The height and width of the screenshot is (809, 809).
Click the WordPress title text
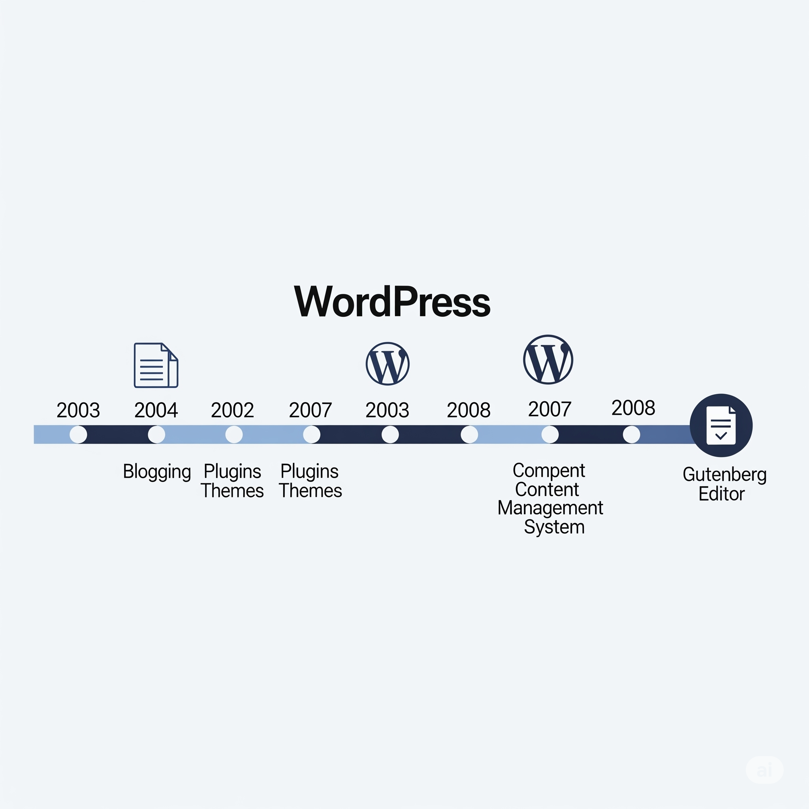point(392,302)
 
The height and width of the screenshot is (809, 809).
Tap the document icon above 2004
point(156,365)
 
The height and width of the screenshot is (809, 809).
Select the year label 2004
point(156,410)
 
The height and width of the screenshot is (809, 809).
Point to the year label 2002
point(232,410)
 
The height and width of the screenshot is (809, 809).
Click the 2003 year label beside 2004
point(78,410)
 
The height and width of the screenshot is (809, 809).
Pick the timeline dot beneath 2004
point(156,434)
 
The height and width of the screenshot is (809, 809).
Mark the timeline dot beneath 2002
point(234,434)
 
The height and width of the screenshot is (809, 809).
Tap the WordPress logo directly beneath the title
point(388,363)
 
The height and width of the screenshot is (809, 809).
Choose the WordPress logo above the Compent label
point(548,359)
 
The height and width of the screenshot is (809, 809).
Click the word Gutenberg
point(724,475)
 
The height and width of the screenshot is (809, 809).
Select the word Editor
point(721,494)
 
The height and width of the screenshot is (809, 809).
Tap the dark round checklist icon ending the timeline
point(721,425)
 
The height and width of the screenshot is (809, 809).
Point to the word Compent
point(549,470)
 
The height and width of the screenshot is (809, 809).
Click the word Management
point(550,508)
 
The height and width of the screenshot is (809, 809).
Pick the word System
point(554,527)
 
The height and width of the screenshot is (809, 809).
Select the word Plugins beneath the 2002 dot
point(232,472)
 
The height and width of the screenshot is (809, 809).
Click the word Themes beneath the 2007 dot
point(310,491)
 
